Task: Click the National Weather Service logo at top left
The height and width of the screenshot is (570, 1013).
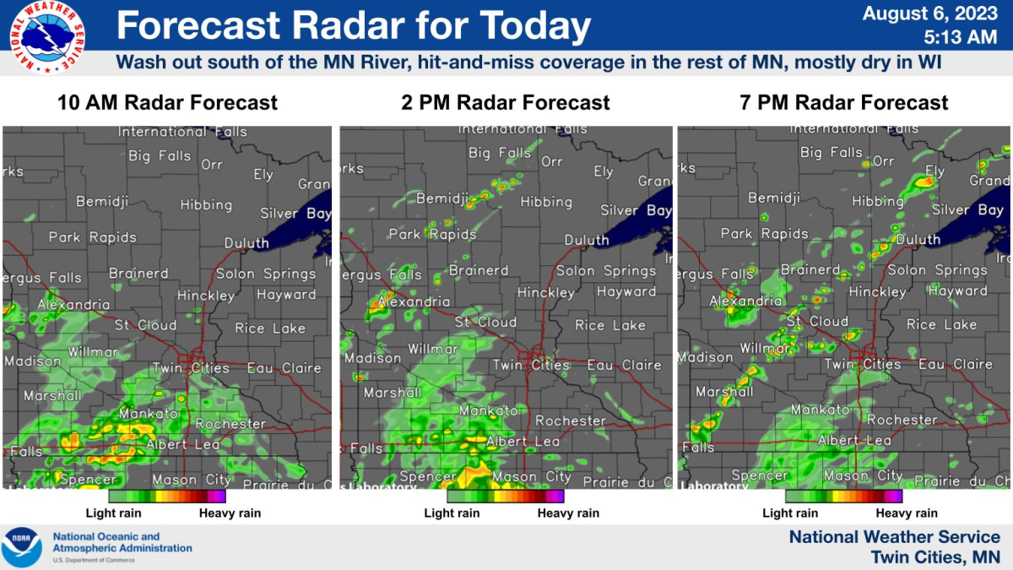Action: pyautogui.click(x=47, y=36)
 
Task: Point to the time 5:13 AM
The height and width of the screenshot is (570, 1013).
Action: pyautogui.click(x=961, y=37)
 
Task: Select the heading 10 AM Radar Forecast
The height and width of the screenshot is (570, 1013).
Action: pyautogui.click(x=167, y=103)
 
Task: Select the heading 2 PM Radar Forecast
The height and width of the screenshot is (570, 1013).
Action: pyautogui.click(x=505, y=103)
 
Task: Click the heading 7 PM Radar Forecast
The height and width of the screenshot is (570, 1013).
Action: pyautogui.click(x=843, y=103)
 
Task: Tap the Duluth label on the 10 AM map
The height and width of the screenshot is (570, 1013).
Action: pyautogui.click(x=246, y=243)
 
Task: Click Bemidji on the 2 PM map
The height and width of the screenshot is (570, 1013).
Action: pyautogui.click(x=441, y=198)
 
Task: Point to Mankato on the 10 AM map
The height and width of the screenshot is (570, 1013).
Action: pyautogui.click(x=149, y=414)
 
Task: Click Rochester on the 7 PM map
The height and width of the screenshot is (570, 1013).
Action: pyautogui.click(x=902, y=420)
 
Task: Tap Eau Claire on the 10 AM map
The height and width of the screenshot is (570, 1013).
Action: pyautogui.click(x=284, y=368)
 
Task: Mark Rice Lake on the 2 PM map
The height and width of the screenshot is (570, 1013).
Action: pyautogui.click(x=610, y=325)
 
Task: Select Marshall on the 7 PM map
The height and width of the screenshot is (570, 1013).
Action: pyautogui.click(x=724, y=392)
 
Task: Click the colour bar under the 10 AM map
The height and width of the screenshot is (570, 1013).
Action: pyautogui.click(x=167, y=497)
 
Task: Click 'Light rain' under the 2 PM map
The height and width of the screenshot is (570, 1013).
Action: pyautogui.click(x=452, y=513)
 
